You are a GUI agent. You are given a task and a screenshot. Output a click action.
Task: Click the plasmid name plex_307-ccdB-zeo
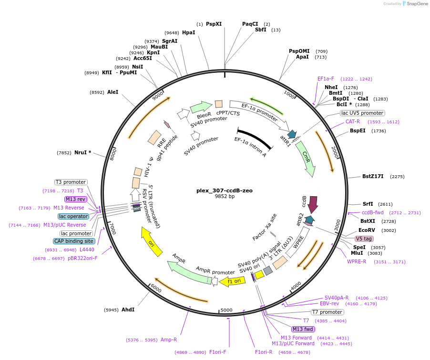[x=225, y=190]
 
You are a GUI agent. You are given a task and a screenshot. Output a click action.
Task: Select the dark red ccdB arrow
[x=313, y=204]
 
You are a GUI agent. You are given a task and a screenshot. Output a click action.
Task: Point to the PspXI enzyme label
[x=214, y=24]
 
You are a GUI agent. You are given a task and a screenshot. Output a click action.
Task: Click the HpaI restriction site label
[x=189, y=33]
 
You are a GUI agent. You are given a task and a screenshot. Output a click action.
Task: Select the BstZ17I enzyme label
[x=373, y=177]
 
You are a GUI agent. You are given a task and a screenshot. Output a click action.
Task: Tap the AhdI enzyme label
[x=128, y=310]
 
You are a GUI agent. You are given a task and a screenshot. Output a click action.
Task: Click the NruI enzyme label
[x=82, y=153]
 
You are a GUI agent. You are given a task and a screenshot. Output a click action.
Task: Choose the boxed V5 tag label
[x=364, y=239]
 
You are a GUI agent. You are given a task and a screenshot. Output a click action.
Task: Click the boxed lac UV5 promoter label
[x=362, y=113]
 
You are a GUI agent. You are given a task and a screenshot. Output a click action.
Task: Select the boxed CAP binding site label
[x=74, y=241]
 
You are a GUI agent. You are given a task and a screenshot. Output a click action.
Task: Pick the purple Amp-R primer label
[x=169, y=340]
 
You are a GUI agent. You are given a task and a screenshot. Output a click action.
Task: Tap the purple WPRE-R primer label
[x=357, y=261]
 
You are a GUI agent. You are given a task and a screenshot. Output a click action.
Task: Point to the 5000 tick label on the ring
[x=226, y=310]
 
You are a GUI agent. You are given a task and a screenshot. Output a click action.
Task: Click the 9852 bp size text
[x=225, y=196]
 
